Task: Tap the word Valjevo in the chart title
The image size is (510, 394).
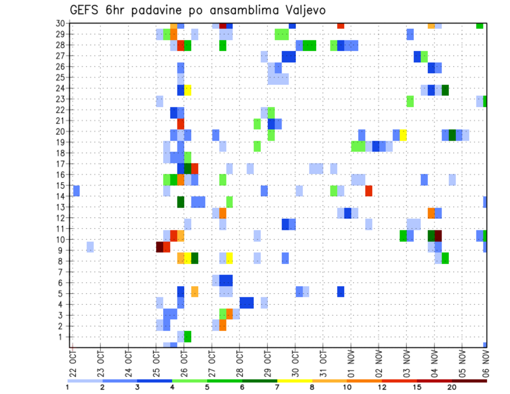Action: coord(302,10)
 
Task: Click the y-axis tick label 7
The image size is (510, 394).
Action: coord(62,272)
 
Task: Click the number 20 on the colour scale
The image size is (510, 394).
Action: coord(452,387)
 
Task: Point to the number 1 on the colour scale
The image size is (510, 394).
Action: coord(67,387)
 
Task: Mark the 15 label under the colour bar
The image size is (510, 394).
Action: coord(417,387)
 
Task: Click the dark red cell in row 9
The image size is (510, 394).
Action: coord(159,247)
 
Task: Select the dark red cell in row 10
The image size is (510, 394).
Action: coord(438,236)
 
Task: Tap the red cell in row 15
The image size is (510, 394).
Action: coord(369,191)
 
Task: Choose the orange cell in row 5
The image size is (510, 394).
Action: coord(194,292)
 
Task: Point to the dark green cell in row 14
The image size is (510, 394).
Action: coord(181,202)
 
